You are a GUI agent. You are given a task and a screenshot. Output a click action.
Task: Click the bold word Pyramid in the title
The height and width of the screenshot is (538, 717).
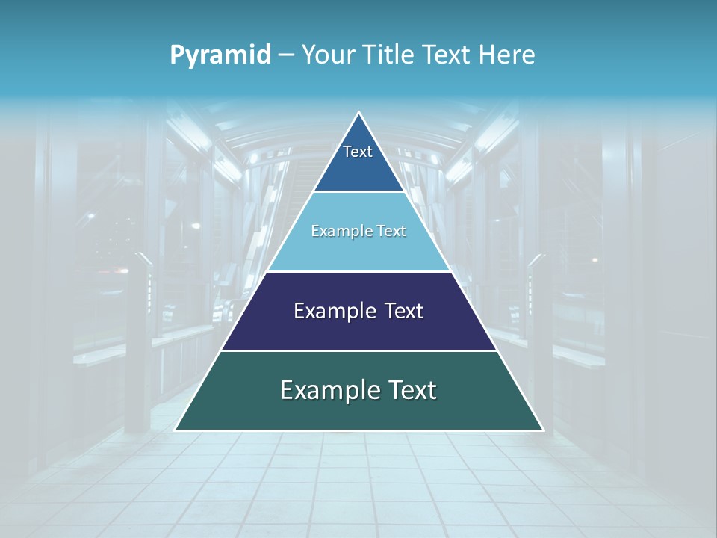pyautogui.click(x=220, y=55)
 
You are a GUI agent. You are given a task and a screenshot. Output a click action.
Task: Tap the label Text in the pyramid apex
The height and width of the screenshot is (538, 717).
pyautogui.click(x=358, y=152)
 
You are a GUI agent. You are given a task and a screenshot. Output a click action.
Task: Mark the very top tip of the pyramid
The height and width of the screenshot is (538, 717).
pyautogui.click(x=359, y=114)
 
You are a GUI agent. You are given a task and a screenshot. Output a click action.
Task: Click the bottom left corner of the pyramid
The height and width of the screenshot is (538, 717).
pyautogui.click(x=176, y=430)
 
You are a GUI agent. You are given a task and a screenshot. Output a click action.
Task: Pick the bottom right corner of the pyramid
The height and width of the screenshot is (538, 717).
pyautogui.click(x=541, y=430)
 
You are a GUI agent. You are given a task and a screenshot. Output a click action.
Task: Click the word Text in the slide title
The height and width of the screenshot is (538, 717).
pyautogui.click(x=447, y=55)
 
